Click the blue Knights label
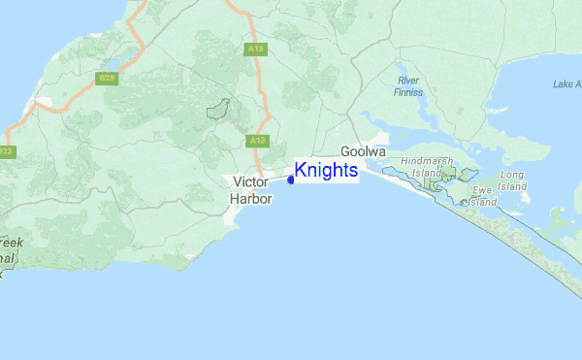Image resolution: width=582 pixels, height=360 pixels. pyautogui.click(x=326, y=171)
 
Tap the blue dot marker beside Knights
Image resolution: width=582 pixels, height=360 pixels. pyautogui.click(x=291, y=179)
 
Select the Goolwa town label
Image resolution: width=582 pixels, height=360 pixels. pyautogui.click(x=364, y=152)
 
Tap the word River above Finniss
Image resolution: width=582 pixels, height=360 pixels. pyautogui.click(x=408, y=80)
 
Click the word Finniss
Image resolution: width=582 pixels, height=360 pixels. pyautogui.click(x=408, y=93)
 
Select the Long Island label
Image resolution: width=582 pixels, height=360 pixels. pyautogui.click(x=512, y=180)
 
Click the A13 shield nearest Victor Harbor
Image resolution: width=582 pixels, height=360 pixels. pyautogui.click(x=257, y=141)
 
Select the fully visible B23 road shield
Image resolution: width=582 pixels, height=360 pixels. pyautogui.click(x=107, y=77)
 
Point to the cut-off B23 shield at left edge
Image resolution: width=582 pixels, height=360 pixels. pyautogui.click(x=6, y=151)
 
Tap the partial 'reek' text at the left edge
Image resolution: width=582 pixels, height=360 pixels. pyautogui.click(x=13, y=243)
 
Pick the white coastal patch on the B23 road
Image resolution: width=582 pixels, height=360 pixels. pyautogui.click(x=43, y=101)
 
